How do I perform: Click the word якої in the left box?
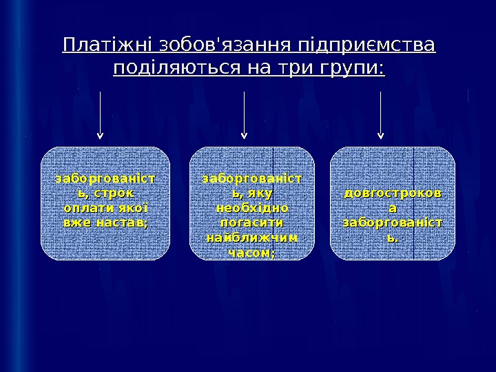click(134, 208)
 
